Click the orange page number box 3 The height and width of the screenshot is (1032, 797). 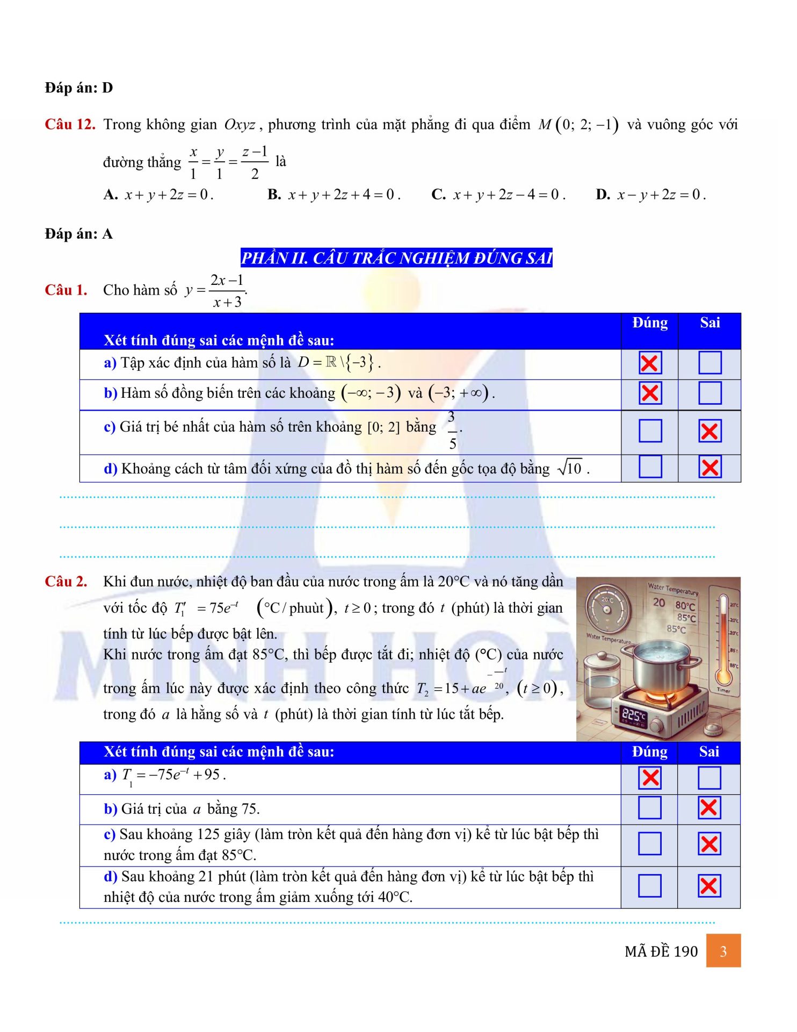723,951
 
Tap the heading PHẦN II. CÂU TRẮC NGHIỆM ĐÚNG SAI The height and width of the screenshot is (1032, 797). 396,258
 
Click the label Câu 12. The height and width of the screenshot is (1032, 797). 70,125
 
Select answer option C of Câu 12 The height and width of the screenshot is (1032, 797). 498,195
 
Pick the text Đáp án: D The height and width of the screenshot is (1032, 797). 79,88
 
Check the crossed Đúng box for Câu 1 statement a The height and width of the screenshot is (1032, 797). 650,363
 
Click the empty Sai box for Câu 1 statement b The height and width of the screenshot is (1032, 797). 709,393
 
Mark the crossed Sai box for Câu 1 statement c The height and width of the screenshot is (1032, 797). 709,431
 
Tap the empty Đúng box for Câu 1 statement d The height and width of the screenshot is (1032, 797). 650,467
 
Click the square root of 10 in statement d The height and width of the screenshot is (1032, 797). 570,468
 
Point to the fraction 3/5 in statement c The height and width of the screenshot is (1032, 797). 452,430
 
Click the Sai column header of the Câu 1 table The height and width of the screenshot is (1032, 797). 709,322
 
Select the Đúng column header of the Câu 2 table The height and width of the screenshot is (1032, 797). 649,751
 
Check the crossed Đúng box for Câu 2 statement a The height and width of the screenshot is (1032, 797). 650,778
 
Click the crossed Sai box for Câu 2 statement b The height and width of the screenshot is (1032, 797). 709,807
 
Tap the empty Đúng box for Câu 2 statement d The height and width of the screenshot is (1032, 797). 649,886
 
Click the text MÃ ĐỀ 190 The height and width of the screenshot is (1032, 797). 661,951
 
